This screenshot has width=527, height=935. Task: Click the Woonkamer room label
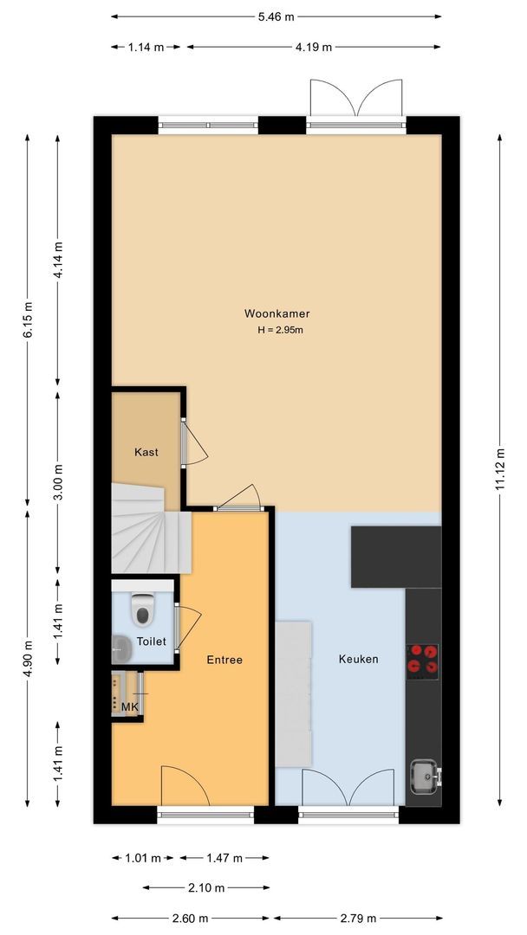pos(277,314)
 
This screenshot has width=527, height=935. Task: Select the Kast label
pos(146,452)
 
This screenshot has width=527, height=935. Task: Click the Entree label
pos(224,660)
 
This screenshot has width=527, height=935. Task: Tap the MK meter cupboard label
pos(130,707)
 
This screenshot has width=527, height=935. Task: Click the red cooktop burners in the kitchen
pos(423,659)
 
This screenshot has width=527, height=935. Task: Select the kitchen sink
pos(424,776)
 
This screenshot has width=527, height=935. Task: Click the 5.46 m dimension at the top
pos(276,16)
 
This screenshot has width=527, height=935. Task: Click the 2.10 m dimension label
pos(206,888)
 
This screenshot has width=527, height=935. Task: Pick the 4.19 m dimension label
pos(314,48)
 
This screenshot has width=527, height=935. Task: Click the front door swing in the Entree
pos(184,786)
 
